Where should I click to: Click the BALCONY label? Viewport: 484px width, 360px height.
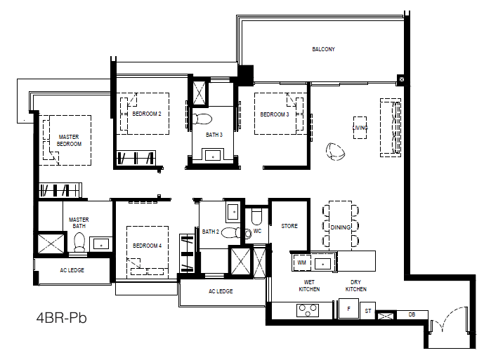[323, 49]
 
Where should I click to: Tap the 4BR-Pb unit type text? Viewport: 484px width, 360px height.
[61, 318]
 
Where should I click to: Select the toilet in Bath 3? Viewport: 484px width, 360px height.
[202, 119]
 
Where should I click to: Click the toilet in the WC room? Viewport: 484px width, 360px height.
[256, 217]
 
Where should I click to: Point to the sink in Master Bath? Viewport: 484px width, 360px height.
[101, 244]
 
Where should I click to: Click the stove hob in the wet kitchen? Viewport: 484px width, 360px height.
[308, 310]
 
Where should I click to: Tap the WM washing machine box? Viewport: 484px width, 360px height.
[301, 262]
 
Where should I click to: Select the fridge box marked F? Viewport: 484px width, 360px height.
[349, 309]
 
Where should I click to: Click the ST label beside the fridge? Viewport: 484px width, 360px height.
[368, 311]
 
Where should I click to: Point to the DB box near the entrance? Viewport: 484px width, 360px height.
[412, 314]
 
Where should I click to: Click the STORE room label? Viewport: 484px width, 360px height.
[289, 226]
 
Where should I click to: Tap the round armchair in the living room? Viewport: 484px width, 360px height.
[335, 152]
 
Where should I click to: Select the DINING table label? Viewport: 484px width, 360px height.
[341, 227]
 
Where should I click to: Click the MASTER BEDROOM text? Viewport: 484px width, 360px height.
[69, 140]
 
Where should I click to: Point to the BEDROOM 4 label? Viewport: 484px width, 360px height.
[148, 246]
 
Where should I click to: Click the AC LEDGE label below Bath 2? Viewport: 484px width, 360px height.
[221, 291]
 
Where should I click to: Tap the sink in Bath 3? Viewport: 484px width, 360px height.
[213, 155]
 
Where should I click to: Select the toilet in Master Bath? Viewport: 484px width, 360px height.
[79, 241]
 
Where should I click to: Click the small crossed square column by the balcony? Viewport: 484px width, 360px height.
[401, 79]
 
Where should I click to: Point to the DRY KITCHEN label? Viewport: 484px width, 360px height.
[356, 286]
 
